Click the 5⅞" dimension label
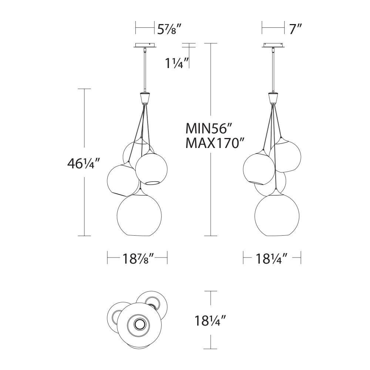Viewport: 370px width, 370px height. tap(169, 29)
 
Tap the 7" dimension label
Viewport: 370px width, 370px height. tap(295, 29)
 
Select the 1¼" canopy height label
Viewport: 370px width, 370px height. tap(177, 63)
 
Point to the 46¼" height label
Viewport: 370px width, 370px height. tap(81, 164)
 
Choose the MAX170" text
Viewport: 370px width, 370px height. tap(215, 143)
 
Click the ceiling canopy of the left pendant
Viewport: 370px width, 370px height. tap(145, 45)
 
